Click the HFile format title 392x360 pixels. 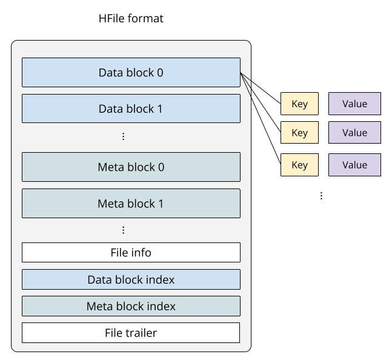click(131, 19)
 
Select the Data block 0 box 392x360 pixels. click(131, 73)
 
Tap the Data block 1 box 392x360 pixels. click(131, 109)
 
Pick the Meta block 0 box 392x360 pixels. click(131, 167)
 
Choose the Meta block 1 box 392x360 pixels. click(131, 204)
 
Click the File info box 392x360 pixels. click(131, 252)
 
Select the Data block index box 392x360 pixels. click(131, 279)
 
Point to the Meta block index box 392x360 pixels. click(131, 306)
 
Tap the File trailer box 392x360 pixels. click(131, 333)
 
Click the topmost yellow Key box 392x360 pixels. click(299, 104)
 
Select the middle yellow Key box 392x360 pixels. click(299, 133)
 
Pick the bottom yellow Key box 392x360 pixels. click(299, 165)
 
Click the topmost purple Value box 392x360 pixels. click(354, 104)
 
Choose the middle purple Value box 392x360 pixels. click(354, 133)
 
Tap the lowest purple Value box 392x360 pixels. click(354, 165)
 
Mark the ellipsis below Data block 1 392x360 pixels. click(124, 137)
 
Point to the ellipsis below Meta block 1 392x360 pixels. click(124, 230)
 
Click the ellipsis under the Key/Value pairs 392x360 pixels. click(321, 196)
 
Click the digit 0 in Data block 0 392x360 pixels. click(160, 73)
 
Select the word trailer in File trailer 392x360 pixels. click(141, 333)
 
